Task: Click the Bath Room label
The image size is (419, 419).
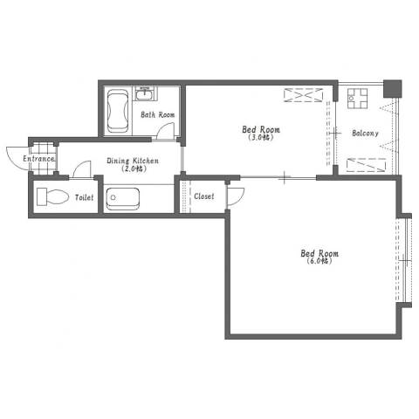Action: (x=158, y=114)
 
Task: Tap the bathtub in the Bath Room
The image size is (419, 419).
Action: (x=118, y=111)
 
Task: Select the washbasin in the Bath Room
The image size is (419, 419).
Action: (x=145, y=93)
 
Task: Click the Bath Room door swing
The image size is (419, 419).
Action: (x=166, y=130)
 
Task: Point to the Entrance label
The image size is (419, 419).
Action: (x=38, y=159)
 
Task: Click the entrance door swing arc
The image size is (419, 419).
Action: (x=17, y=158)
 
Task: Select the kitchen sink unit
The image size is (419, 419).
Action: (x=122, y=199)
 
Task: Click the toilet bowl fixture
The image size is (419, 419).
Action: (x=53, y=197)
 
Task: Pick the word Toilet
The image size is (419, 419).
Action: (x=85, y=197)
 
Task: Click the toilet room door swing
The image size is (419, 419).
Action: (x=82, y=168)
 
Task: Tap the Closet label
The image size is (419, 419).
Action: (x=204, y=196)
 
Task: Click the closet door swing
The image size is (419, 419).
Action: (x=236, y=196)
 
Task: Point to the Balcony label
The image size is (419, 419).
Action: (x=365, y=134)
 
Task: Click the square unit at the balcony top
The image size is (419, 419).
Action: (x=357, y=99)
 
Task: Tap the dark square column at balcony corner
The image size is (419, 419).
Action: (x=393, y=89)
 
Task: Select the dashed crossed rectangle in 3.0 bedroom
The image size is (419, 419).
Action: (x=304, y=95)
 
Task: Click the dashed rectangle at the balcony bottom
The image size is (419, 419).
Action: (x=367, y=165)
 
